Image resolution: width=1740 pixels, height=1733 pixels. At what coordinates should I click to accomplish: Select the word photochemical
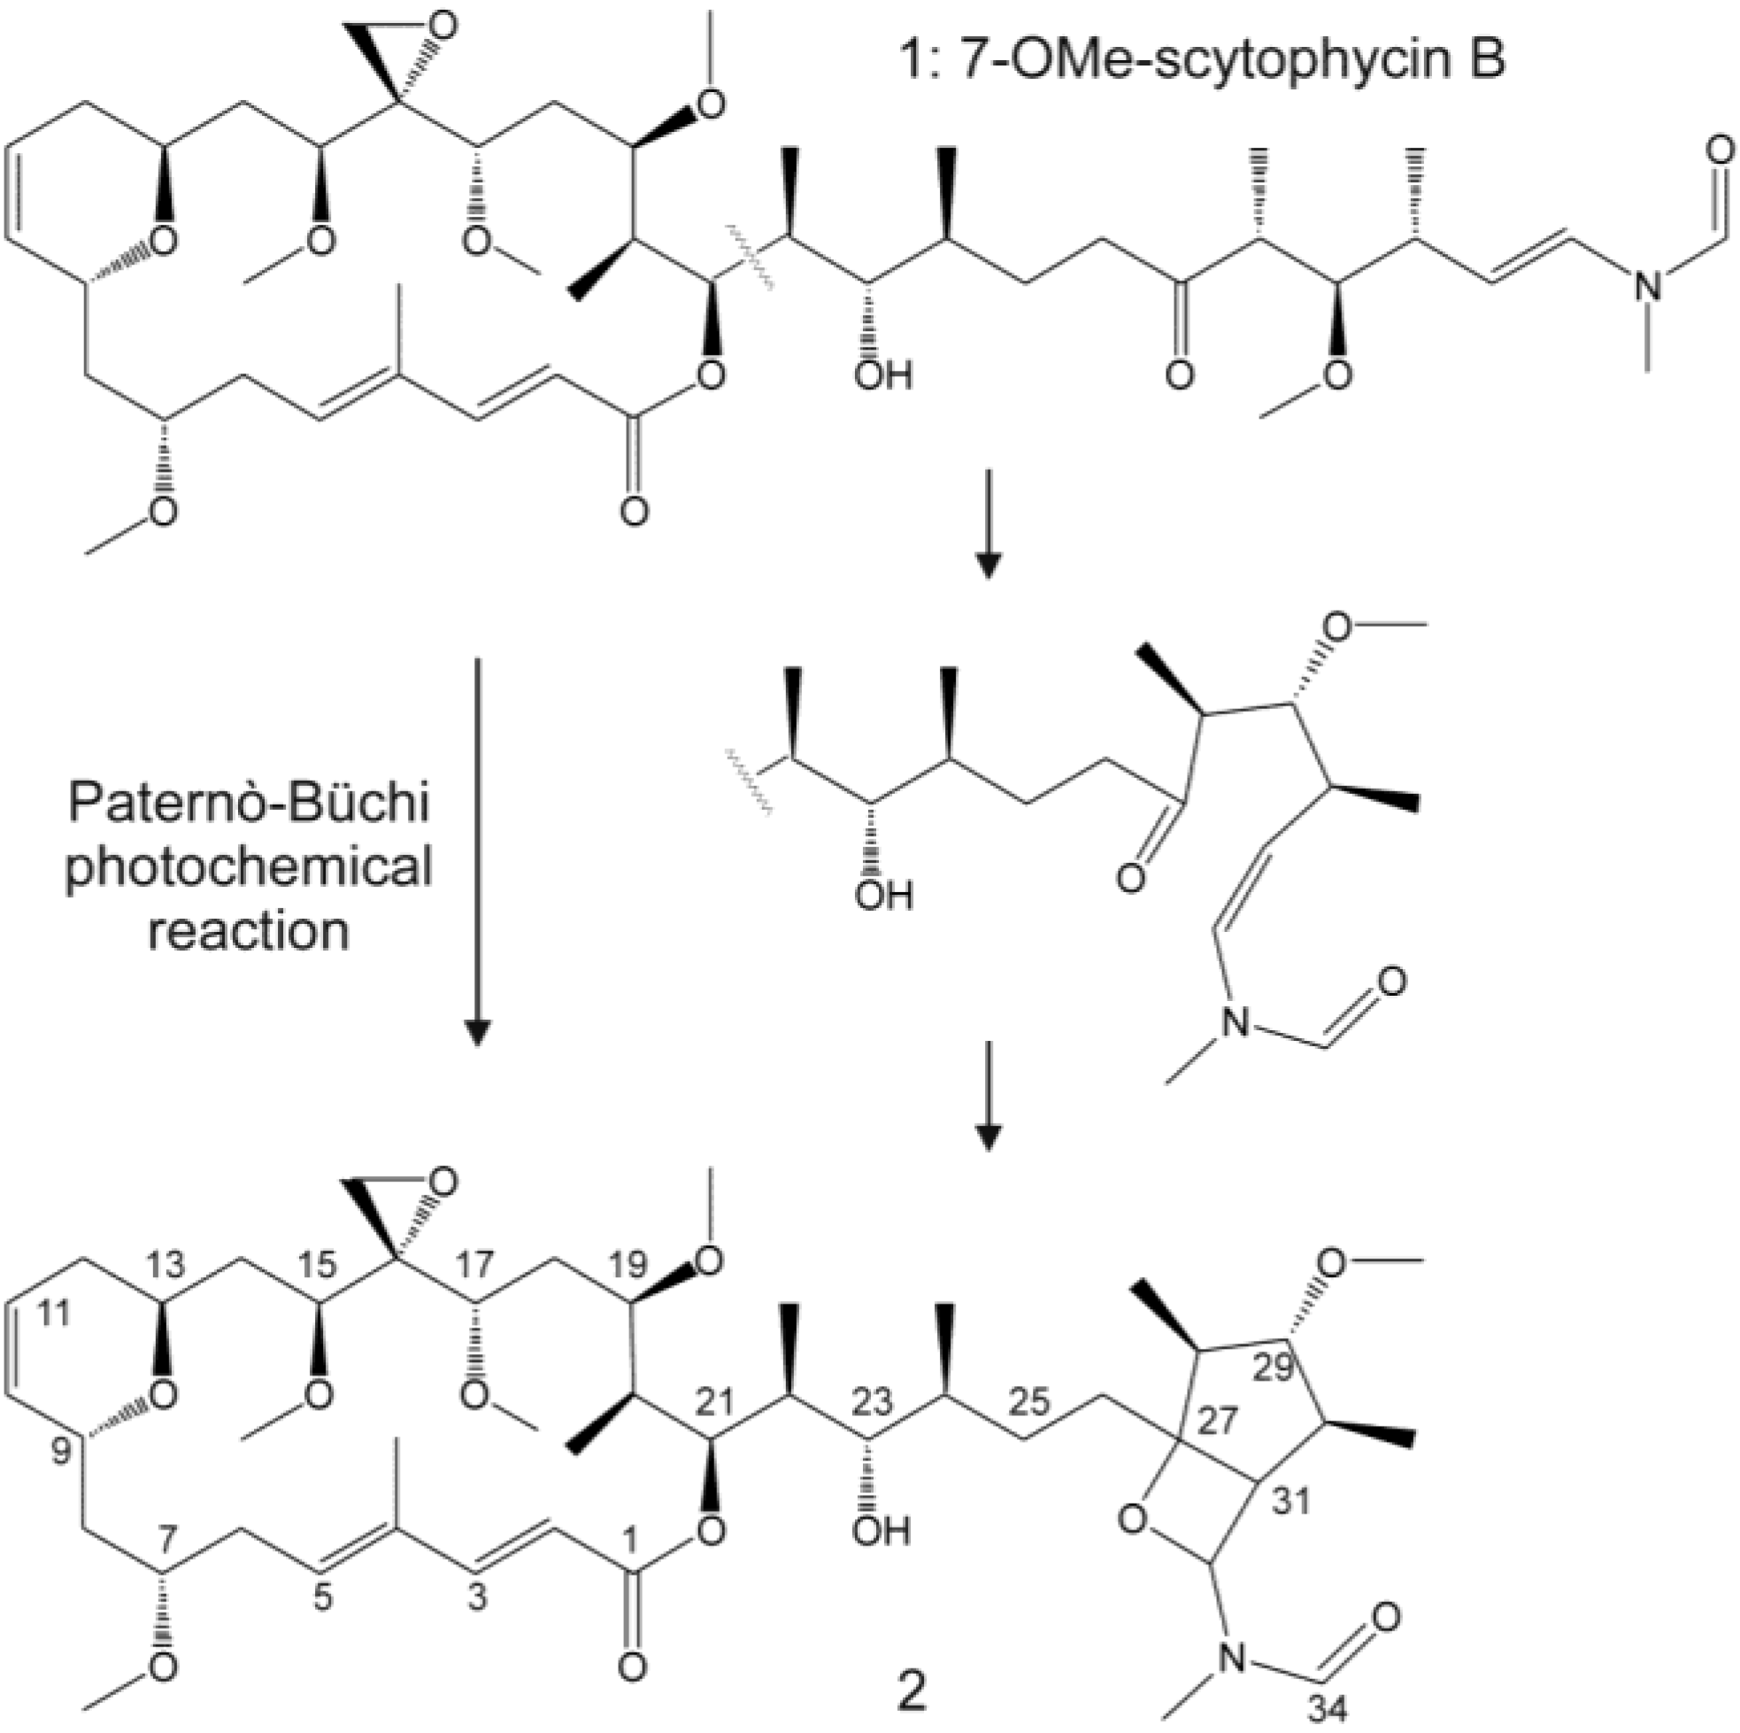tap(249, 867)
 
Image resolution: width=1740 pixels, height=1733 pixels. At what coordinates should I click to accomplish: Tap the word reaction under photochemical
tap(249, 930)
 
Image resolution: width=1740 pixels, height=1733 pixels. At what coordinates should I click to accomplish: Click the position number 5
tap(322, 1598)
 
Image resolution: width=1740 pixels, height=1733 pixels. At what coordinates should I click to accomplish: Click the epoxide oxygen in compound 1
tap(442, 27)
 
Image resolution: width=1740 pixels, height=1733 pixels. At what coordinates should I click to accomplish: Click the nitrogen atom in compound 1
tap(1648, 289)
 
